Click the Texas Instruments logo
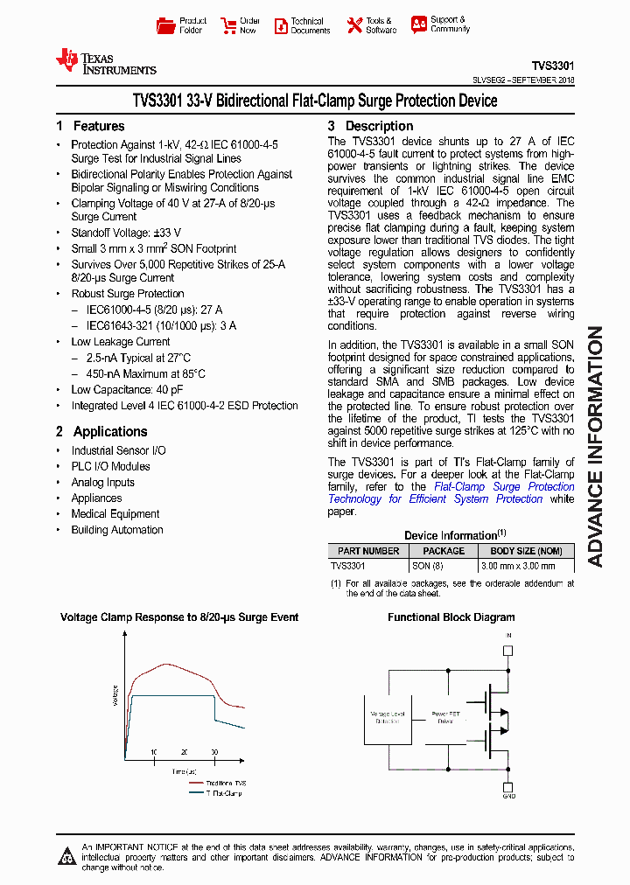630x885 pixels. point(105,61)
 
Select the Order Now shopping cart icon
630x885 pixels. point(228,25)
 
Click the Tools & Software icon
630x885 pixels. point(354,25)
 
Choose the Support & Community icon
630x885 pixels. point(419,24)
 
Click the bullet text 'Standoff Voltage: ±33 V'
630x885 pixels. point(126,233)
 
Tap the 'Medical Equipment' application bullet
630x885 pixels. point(115,514)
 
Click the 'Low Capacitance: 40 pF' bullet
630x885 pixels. point(127,390)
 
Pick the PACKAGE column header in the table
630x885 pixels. point(444,551)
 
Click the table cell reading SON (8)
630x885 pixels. point(428,566)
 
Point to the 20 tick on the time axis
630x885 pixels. point(184,752)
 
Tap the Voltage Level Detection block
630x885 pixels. point(388,716)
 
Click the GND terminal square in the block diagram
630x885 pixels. point(508,784)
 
